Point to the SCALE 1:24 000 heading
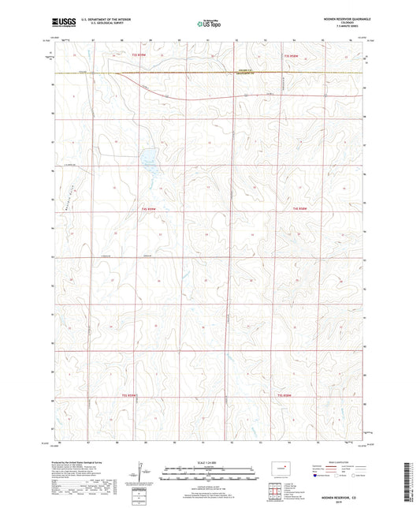pyautogui.click(x=210, y=463)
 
